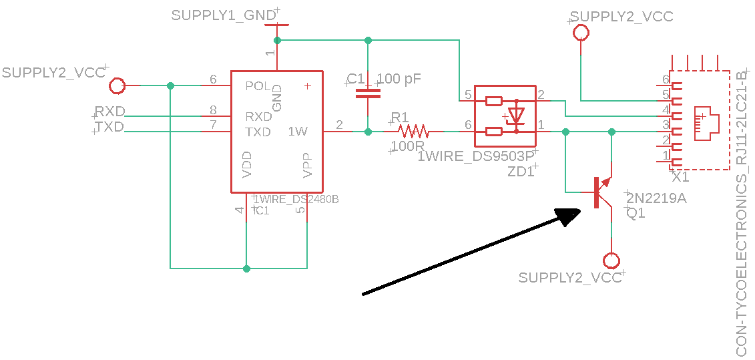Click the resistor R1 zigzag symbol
412,132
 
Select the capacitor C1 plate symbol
368,93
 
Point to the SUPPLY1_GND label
224,15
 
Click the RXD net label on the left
109,111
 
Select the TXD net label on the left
109,127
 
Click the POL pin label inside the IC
258,86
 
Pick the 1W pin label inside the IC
298,132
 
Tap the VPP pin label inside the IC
307,165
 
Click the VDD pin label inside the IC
247,165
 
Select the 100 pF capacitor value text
399,79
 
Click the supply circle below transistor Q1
611,260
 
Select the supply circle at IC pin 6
117,85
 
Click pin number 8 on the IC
213,110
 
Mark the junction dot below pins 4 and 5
247,268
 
